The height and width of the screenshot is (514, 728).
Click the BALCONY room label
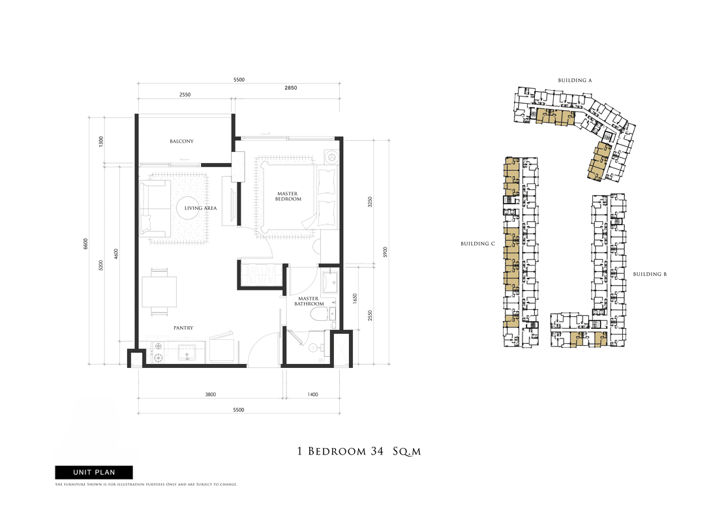click(181, 141)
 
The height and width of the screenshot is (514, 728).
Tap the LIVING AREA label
click(200, 208)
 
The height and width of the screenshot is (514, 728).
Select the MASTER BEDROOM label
click(288, 196)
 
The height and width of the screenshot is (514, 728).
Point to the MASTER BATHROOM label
click(309, 301)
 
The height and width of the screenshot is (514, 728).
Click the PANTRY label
click(183, 328)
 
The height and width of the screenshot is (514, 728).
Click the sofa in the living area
click(153, 209)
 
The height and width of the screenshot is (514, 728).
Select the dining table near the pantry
click(159, 292)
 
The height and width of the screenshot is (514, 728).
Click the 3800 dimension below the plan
click(211, 395)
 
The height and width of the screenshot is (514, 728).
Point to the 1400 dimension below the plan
click(313, 395)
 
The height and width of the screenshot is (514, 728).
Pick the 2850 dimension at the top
click(291, 88)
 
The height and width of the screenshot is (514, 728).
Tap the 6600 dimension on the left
click(85, 244)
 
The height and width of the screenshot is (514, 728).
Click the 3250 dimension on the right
click(370, 202)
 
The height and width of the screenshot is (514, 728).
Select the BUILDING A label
click(575, 80)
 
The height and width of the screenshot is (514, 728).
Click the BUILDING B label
click(650, 274)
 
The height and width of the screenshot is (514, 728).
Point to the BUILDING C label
click(478, 243)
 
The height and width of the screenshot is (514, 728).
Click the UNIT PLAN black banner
click(94, 472)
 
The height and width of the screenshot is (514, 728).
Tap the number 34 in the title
click(377, 451)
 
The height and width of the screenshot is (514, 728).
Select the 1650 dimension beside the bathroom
click(355, 299)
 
